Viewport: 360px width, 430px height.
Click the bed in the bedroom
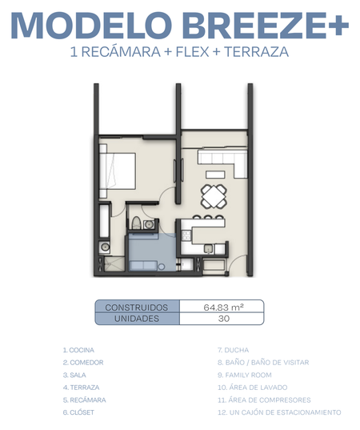[x=118, y=171]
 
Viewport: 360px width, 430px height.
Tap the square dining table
[x=214, y=196]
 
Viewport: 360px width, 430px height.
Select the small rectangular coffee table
[x=215, y=175]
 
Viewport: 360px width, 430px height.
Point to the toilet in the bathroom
[x=136, y=223]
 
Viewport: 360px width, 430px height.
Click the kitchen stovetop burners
[x=186, y=235]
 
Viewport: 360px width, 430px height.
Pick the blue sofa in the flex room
[x=143, y=266]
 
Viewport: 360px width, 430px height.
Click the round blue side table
[x=162, y=267]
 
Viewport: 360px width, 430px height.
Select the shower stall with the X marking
[x=114, y=263]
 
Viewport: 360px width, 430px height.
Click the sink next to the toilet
[x=149, y=224]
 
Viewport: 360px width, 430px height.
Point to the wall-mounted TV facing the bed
[x=174, y=171]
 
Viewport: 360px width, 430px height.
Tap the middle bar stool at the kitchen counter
[x=209, y=217]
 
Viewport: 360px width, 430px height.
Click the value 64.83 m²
[x=223, y=307]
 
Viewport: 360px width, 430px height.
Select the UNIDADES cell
[x=137, y=319]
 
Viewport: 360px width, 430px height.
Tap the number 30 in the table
[x=224, y=319]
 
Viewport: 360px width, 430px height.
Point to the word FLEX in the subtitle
[x=192, y=52]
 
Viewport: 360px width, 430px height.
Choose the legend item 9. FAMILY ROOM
[x=245, y=375]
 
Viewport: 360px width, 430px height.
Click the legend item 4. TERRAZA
[x=81, y=388]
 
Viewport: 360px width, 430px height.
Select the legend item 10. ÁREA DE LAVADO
[x=253, y=388]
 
